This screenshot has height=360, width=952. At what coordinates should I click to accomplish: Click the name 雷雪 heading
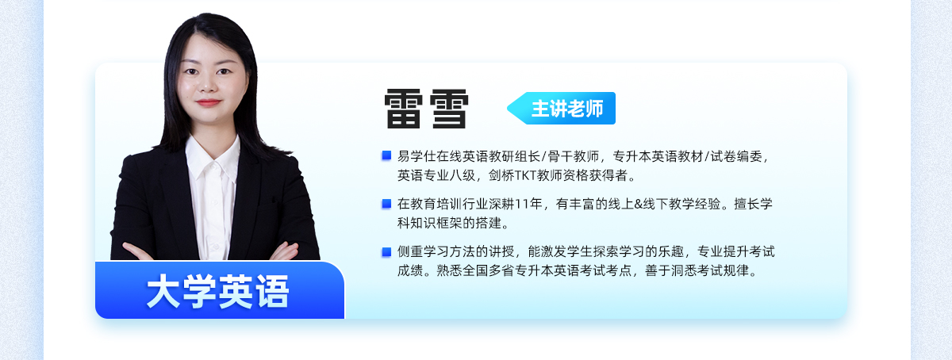tap(426, 109)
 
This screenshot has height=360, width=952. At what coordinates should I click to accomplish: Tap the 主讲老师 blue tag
tap(562, 109)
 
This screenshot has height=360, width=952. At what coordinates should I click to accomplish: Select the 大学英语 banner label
tap(218, 291)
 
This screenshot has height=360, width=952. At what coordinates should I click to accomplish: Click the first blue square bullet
tap(386, 155)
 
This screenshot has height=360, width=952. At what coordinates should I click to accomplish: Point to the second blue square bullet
tap(386, 204)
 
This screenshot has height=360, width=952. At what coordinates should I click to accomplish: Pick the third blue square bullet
tap(386, 252)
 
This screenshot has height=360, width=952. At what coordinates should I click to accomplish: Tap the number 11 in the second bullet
tap(521, 205)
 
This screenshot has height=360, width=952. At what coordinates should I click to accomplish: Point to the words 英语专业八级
tap(436, 175)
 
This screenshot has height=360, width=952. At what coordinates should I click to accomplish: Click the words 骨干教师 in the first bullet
tap(574, 156)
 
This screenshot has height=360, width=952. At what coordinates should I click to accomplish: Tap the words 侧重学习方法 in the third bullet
tap(436, 251)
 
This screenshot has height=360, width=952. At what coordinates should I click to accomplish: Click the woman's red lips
tap(209, 102)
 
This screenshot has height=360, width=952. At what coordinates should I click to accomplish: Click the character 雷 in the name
tap(403, 109)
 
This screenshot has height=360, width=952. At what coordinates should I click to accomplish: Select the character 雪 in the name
tap(449, 109)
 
